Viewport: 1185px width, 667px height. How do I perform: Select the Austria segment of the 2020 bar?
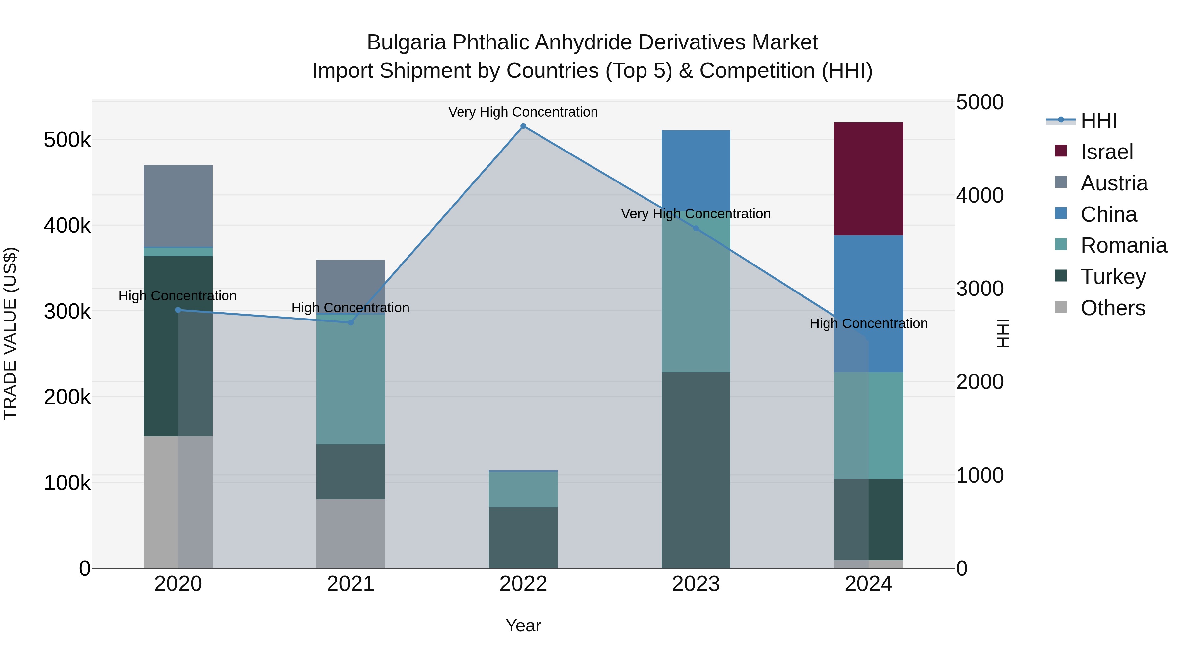[178, 206]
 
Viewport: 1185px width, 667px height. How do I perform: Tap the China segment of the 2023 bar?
[696, 170]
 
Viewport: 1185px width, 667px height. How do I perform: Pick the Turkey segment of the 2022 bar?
[523, 537]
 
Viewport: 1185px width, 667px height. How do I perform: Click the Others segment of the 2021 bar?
[351, 534]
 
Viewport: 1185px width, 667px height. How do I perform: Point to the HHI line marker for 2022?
[523, 126]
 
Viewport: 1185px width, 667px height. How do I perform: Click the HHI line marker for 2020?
[178, 310]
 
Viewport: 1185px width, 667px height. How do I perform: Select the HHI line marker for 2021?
[351, 323]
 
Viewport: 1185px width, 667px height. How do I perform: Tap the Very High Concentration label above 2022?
[523, 112]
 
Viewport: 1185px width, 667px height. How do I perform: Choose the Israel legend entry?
[1106, 152]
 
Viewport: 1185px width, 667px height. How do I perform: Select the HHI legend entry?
[1098, 121]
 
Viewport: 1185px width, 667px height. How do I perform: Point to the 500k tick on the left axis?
[67, 140]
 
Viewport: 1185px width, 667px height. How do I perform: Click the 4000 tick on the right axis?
[979, 195]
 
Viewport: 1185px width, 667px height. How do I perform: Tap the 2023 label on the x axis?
[696, 584]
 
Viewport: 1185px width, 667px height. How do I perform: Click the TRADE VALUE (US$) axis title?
[10, 333]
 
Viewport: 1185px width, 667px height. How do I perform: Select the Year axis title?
[523, 625]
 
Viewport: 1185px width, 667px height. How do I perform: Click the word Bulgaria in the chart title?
[406, 42]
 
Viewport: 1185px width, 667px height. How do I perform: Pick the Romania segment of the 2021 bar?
[351, 379]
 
